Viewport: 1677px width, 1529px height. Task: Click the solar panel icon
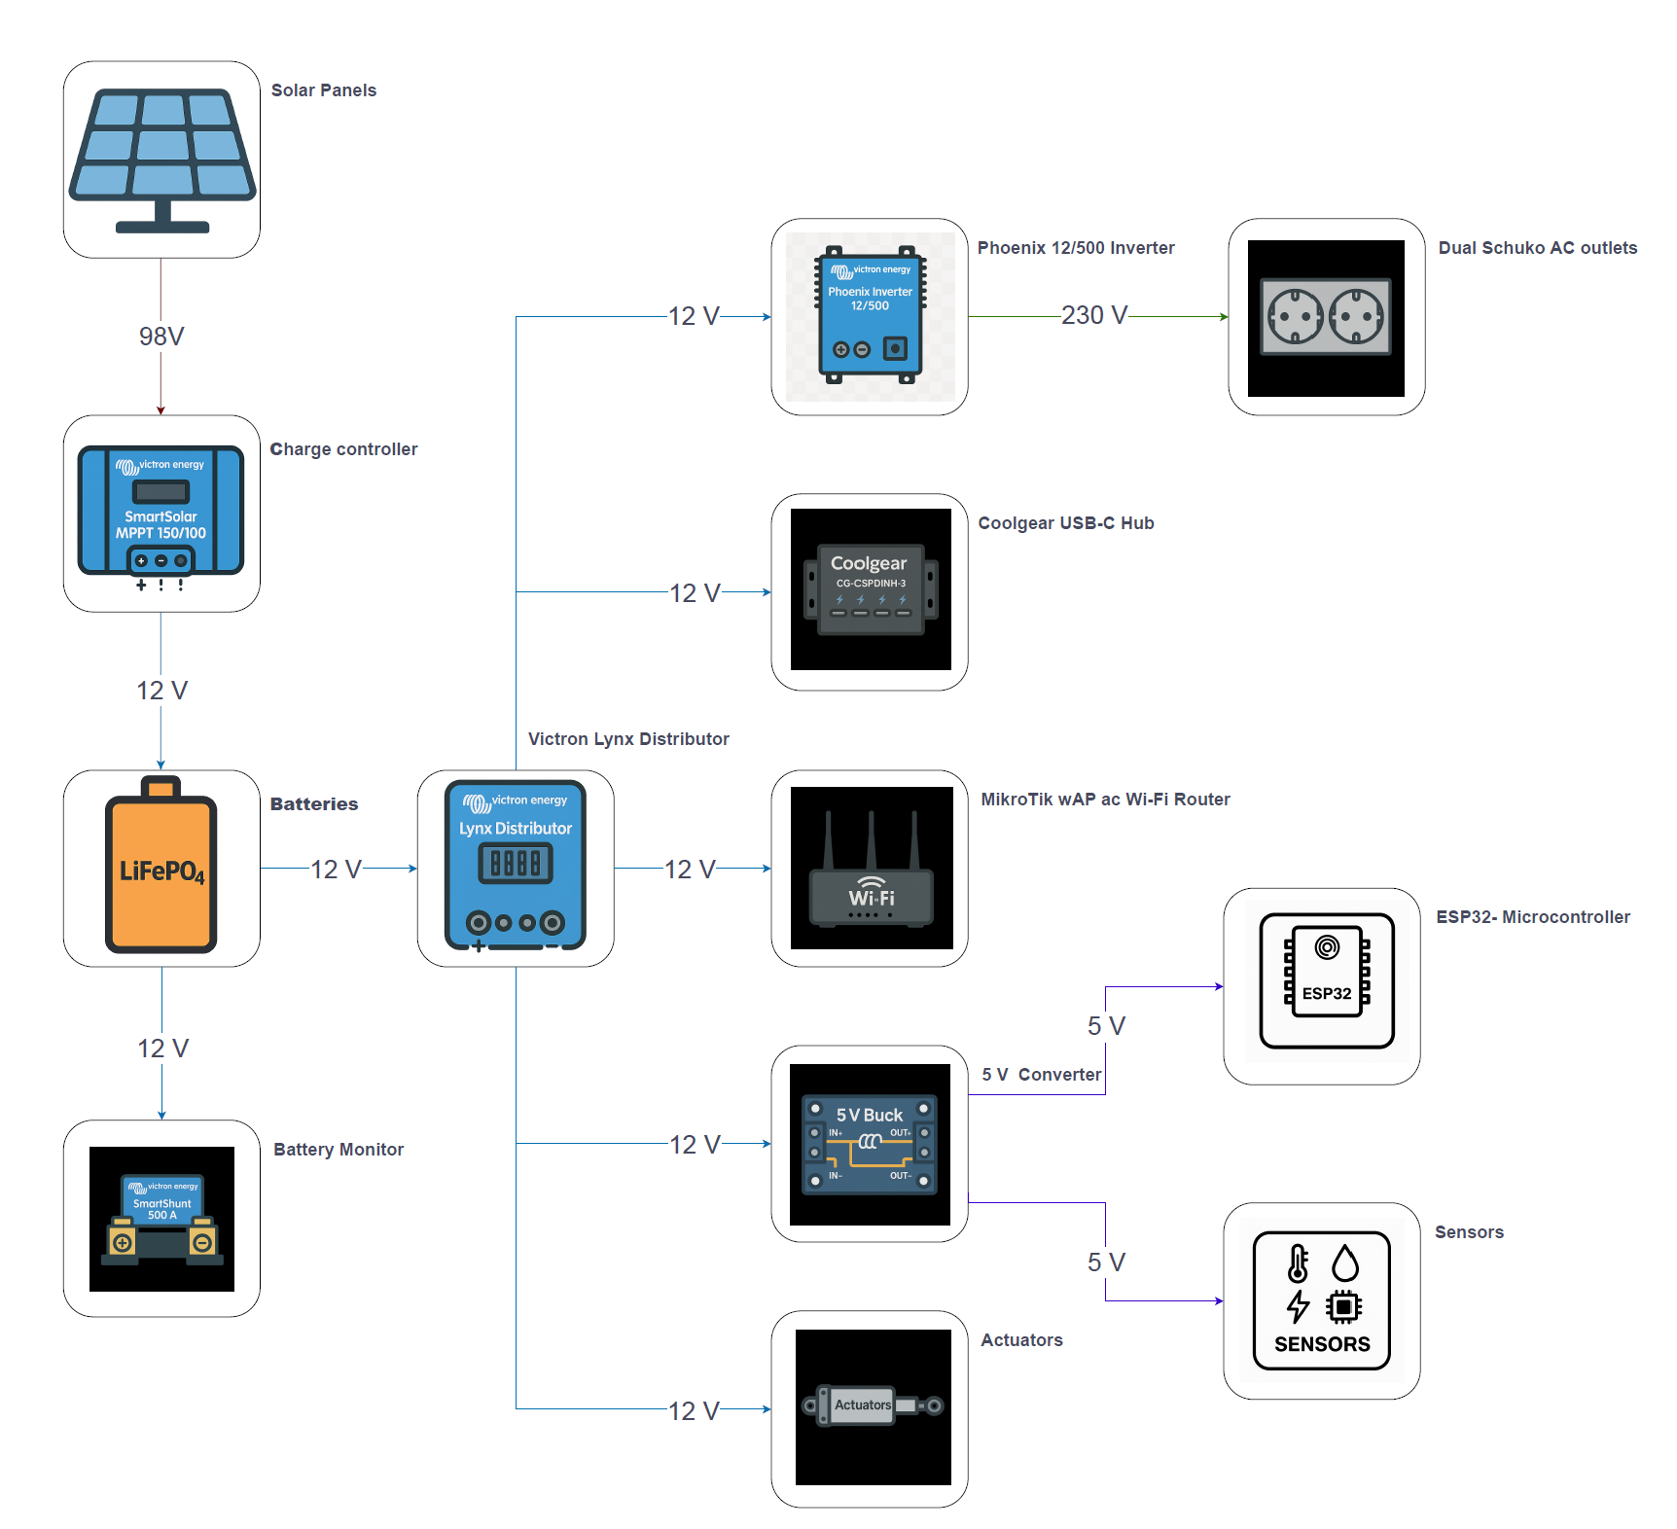tap(161, 160)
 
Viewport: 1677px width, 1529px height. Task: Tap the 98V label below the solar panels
tap(161, 337)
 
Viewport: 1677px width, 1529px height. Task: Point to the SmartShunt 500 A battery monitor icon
tap(161, 1219)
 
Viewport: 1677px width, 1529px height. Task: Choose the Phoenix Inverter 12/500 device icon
tap(870, 316)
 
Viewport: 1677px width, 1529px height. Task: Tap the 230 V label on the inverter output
tap(1094, 315)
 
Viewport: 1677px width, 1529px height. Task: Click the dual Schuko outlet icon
tap(1326, 317)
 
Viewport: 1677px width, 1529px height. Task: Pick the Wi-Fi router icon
tap(871, 868)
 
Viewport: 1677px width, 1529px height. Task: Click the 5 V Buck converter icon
tap(870, 1143)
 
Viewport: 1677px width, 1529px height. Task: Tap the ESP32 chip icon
tap(1327, 980)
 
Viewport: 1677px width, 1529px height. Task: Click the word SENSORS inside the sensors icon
tap(1322, 1344)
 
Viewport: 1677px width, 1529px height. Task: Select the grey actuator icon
tap(872, 1405)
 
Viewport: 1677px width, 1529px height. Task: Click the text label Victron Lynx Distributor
tap(628, 739)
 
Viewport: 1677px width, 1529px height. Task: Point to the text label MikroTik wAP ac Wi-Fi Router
tap(1105, 800)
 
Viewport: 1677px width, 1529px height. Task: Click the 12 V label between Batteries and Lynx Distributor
tap(337, 870)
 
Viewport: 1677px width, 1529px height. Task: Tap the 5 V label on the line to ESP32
tap(1106, 1026)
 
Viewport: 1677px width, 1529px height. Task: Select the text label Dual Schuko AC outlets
tap(1537, 248)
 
